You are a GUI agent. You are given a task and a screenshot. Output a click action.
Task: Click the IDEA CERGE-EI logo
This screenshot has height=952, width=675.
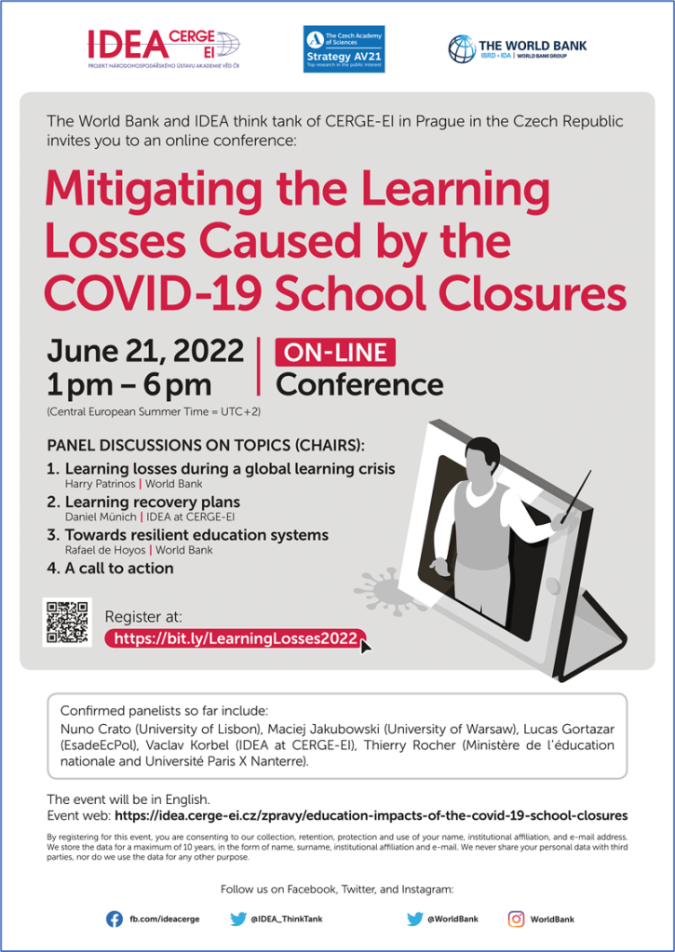coord(163,47)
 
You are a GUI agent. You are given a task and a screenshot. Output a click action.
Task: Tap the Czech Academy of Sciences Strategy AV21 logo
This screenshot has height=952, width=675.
coord(344,48)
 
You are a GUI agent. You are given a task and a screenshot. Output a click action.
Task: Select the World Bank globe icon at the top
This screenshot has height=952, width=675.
coord(461,48)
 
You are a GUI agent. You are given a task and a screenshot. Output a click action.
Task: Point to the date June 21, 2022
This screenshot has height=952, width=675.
coord(145,351)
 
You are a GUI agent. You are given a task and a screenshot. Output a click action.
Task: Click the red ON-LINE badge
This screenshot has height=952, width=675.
coord(334,352)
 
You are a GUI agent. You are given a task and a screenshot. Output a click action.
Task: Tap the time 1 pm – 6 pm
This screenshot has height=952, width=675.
coord(129,384)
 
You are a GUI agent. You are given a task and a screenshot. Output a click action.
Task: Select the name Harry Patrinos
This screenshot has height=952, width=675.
coord(100,484)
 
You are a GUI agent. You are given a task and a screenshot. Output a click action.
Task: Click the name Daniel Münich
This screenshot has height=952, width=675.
coord(100,516)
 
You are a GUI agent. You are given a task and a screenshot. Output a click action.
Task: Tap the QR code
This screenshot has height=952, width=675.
coord(67,623)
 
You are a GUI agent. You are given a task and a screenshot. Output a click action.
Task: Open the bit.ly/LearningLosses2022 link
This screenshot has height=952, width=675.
coord(234,638)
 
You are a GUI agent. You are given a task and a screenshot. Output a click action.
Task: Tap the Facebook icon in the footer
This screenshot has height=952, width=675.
coord(115,918)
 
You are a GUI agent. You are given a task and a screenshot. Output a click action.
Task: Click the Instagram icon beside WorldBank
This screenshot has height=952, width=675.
coord(515,918)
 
